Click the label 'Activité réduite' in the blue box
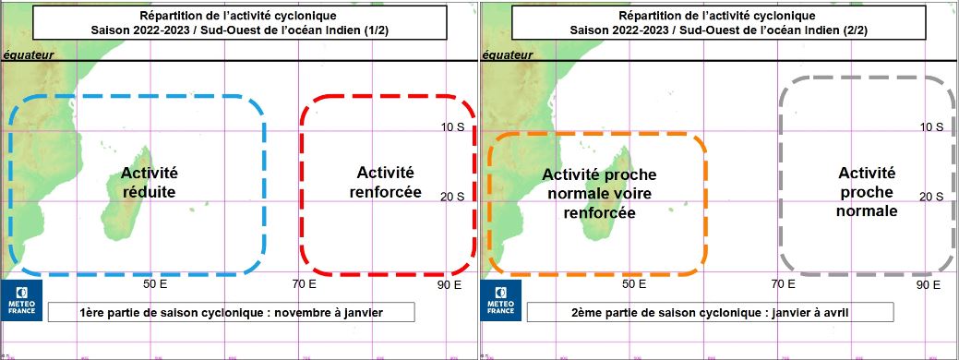[149, 183]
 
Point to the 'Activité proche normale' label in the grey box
[866, 192]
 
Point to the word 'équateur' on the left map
[29, 55]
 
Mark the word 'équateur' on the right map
[509, 55]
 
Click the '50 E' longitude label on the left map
[154, 284]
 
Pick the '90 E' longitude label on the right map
[929, 284]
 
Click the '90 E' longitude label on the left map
[450, 284]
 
